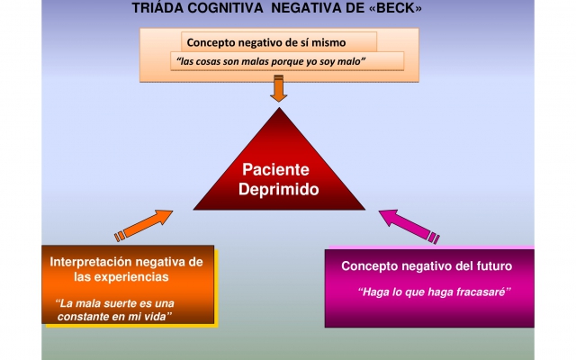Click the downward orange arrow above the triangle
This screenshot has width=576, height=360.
[x=279, y=88]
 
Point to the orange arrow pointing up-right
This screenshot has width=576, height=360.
[x=144, y=226]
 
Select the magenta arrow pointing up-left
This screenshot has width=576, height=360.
[x=409, y=226]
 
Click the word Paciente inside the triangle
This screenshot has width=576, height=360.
[x=276, y=170]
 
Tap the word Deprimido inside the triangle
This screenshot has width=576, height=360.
[x=278, y=190]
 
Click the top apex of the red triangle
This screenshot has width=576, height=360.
[x=279, y=108]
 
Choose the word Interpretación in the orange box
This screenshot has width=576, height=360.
[x=91, y=262]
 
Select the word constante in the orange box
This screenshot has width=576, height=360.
[x=83, y=317]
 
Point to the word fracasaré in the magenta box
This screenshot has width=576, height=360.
[x=483, y=292]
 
